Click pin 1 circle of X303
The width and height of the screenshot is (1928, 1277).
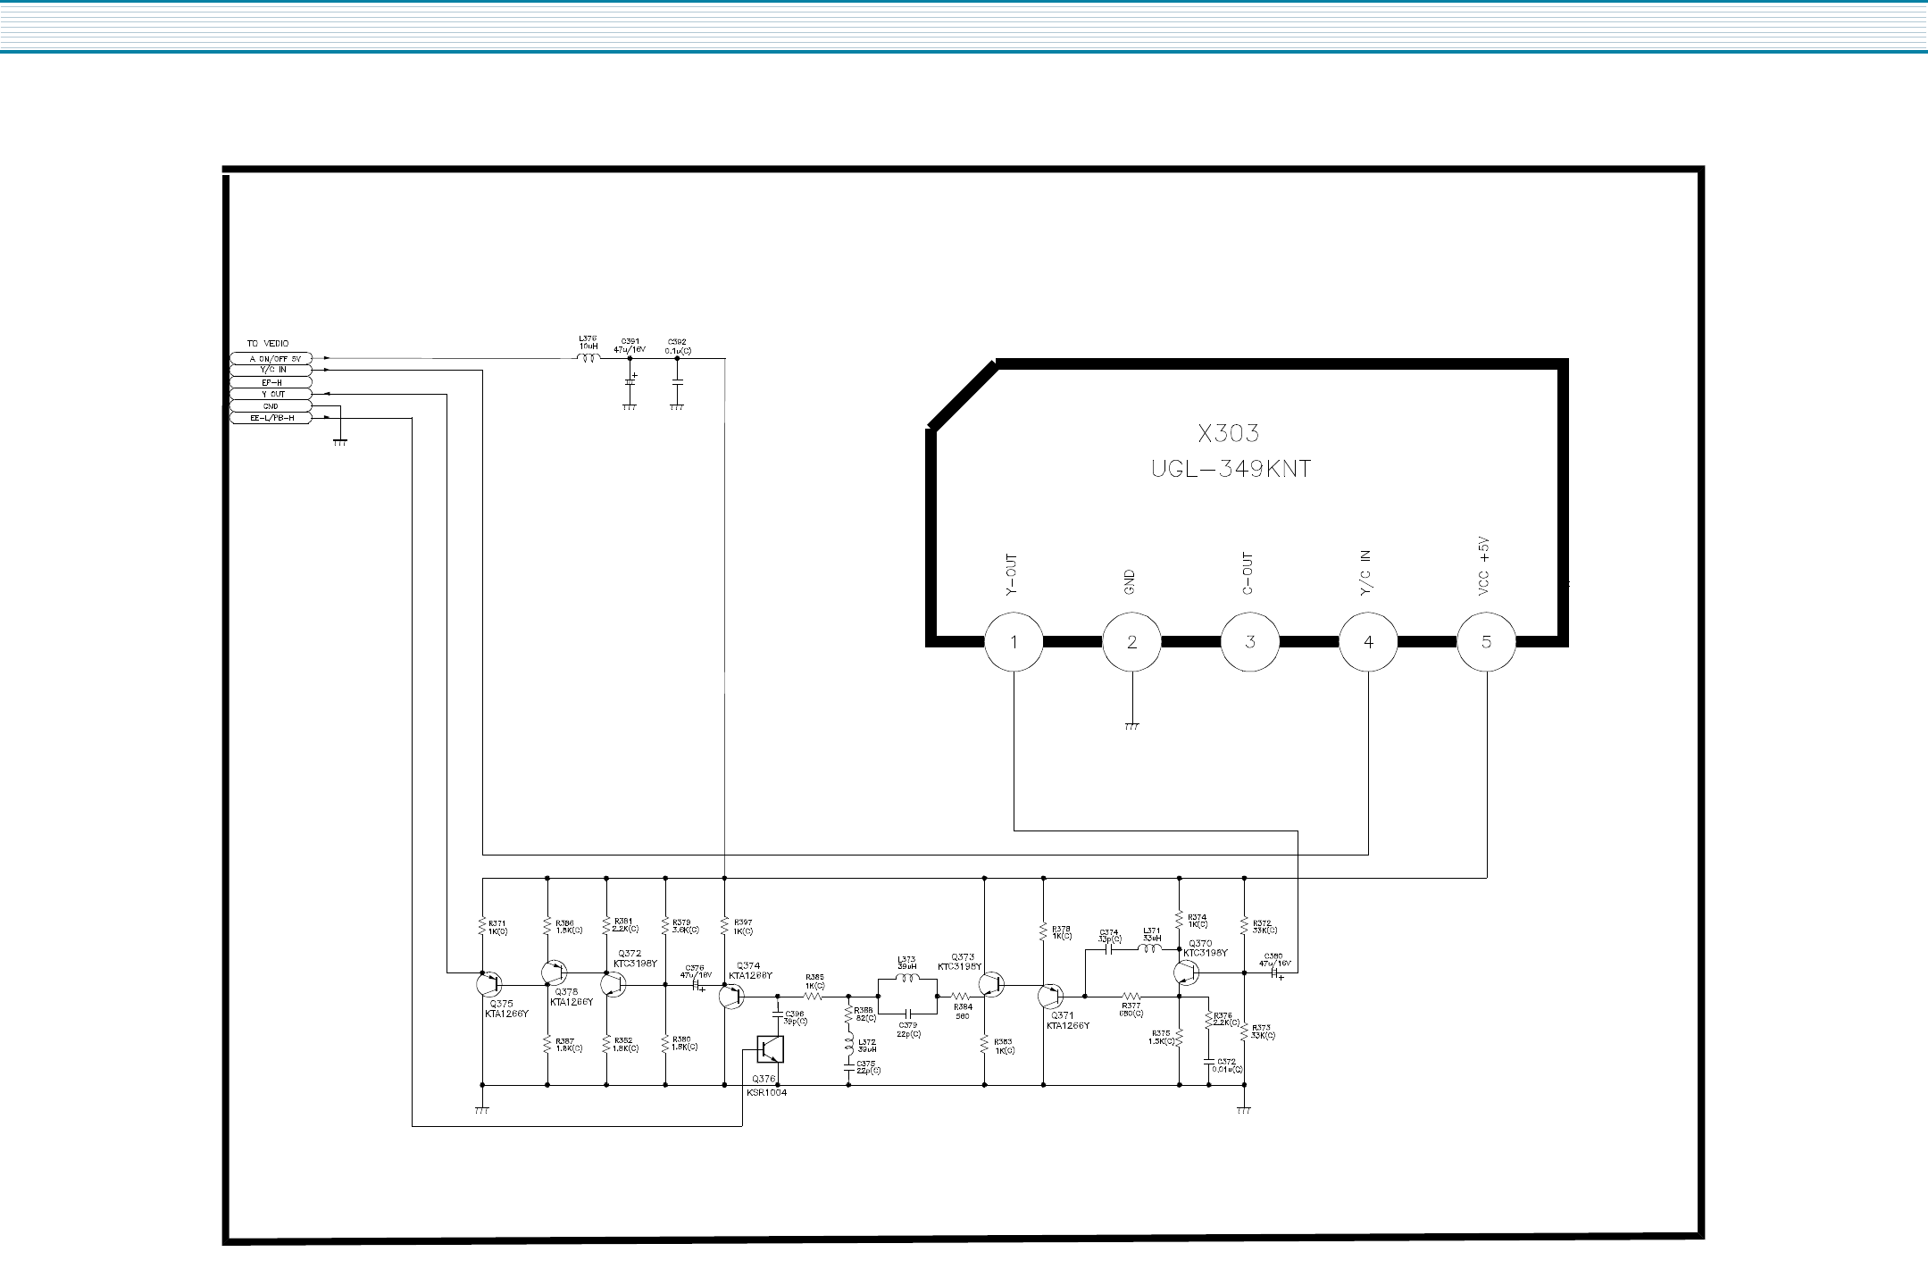click(x=1014, y=641)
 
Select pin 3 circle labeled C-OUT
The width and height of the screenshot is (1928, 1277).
click(x=1250, y=641)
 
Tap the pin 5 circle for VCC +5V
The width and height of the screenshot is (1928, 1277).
click(x=1486, y=641)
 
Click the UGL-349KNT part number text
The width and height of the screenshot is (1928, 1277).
click(x=1231, y=469)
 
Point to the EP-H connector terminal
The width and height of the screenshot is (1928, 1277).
click(x=271, y=382)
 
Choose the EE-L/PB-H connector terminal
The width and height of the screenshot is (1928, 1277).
click(x=271, y=418)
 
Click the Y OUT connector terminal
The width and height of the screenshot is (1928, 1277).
click(x=271, y=394)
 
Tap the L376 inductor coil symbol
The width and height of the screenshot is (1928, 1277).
click(x=588, y=358)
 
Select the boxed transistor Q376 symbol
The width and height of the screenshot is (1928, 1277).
click(x=770, y=1049)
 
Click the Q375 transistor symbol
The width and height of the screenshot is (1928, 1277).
click(x=488, y=984)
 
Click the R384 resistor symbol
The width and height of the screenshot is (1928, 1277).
click(x=960, y=995)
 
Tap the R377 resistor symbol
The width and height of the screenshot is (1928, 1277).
click(x=1131, y=995)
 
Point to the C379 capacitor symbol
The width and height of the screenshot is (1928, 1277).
click(x=907, y=1014)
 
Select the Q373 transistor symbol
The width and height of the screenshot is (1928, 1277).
click(x=991, y=984)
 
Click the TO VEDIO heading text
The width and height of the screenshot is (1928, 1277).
click(x=268, y=344)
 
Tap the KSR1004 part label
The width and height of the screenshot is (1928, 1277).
click(x=768, y=1092)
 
